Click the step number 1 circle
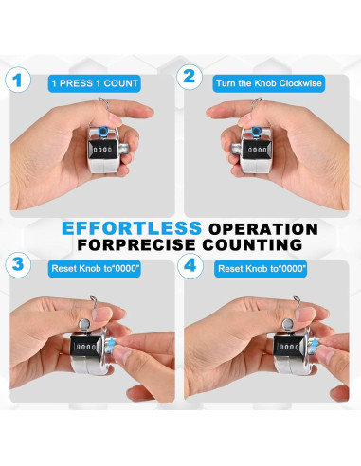(18, 80)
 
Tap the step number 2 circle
(190, 77)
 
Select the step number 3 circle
(18, 264)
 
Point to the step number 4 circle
(190, 265)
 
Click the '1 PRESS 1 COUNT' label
(95, 83)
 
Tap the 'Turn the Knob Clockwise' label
(269, 83)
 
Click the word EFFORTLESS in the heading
(132, 228)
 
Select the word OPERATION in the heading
(263, 229)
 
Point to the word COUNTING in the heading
(252, 244)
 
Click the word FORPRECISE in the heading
(136, 244)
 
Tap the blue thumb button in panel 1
(103, 131)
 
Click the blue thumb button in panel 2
(256, 131)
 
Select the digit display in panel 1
(103, 149)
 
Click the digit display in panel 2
(257, 149)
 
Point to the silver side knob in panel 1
(125, 149)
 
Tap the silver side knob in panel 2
(235, 149)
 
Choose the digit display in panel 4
(289, 347)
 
